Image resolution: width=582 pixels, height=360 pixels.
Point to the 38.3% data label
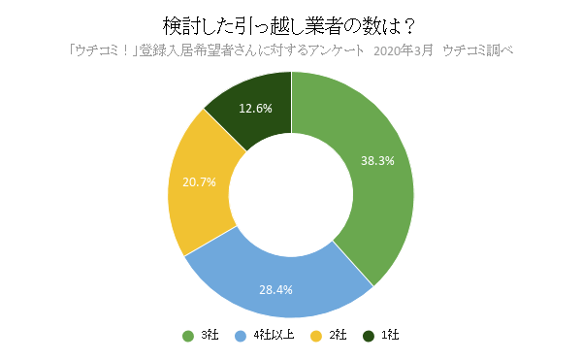pos(376,161)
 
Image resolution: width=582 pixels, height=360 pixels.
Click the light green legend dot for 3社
pos(187,336)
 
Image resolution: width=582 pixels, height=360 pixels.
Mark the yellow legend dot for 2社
pos(315,336)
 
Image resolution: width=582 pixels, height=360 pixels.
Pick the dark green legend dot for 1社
pos(368,336)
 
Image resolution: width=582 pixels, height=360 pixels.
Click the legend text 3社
pos(209,336)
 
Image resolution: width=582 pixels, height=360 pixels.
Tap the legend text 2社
pos(337,336)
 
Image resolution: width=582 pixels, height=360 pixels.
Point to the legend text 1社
pos(389,336)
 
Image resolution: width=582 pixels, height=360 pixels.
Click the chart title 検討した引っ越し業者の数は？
pos(291,24)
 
